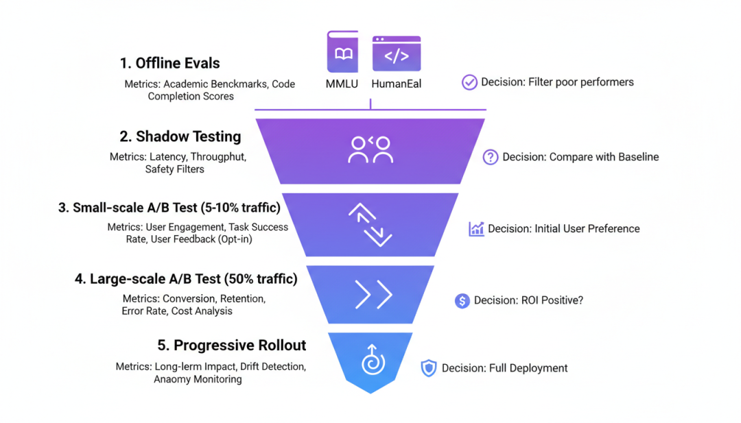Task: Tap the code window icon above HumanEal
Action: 397,53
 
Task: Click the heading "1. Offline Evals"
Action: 169,63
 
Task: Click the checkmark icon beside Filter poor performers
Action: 469,82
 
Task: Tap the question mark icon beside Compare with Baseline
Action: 491,157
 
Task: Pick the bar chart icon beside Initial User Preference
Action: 476,229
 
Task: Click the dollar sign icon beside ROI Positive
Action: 462,300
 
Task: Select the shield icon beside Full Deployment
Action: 429,368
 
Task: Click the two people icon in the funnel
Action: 370,150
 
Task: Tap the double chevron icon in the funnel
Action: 373,295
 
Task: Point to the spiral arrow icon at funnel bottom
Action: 373,360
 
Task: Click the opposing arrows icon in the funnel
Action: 370,223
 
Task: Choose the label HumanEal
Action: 397,84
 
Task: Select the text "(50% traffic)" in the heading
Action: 261,279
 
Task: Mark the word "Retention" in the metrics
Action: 244,299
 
